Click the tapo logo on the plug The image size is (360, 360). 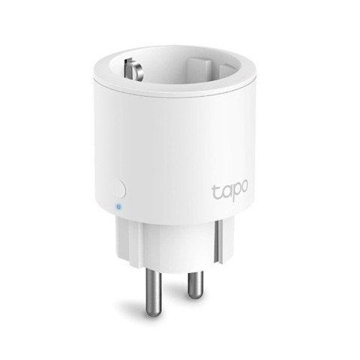230,190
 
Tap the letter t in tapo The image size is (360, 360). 215,191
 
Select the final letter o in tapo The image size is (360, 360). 244,186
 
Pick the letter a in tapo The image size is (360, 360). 224,191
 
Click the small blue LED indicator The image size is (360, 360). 118,207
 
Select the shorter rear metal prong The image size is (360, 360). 196,284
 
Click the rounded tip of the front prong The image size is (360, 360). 154,313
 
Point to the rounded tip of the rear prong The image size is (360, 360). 196,295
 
